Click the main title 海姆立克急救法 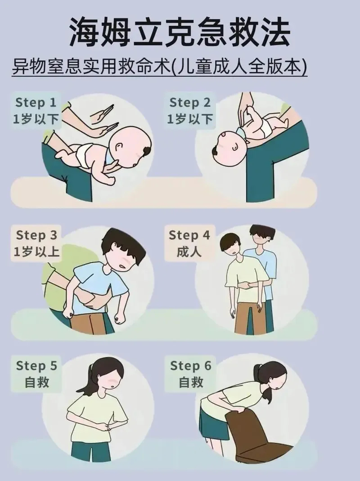[x=180, y=32]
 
